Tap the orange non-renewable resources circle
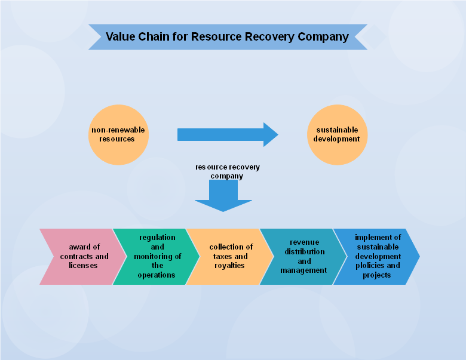pyautogui.click(x=118, y=135)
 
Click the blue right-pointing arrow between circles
pyautogui.click(x=227, y=135)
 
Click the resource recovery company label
pyautogui.click(x=227, y=172)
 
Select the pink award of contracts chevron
pyautogui.click(x=81, y=256)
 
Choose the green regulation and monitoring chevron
pyautogui.click(x=155, y=256)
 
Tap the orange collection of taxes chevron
pyautogui.click(x=229, y=256)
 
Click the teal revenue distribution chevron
pyautogui.click(x=302, y=256)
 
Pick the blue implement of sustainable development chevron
pyautogui.click(x=376, y=256)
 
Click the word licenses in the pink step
pyautogui.click(x=83, y=266)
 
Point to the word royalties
pyautogui.click(x=230, y=266)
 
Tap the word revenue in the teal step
pyautogui.click(x=304, y=242)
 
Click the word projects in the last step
pyautogui.click(x=376, y=275)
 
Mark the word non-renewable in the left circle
pyautogui.click(x=118, y=130)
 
